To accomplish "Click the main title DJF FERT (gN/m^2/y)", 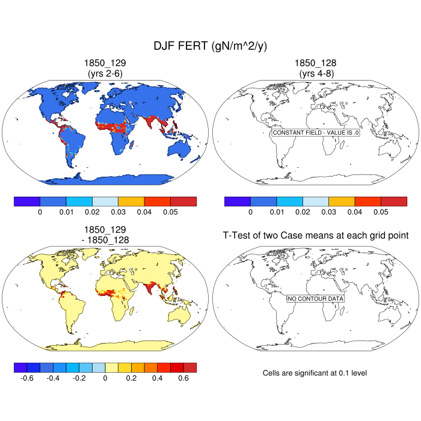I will point(210,47).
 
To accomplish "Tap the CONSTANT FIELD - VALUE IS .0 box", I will point(316,132).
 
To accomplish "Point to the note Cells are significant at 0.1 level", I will point(315,373).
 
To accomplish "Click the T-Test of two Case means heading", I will point(316,235).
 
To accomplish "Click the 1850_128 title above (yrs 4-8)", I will point(316,63).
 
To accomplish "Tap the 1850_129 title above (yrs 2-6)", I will point(105,63).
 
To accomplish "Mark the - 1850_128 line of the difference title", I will point(105,239).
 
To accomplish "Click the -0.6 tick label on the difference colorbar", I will point(26,378).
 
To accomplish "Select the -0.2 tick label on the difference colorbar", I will point(79,378).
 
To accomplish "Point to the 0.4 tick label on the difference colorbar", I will point(157,378).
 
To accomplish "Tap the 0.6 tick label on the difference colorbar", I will point(183,378).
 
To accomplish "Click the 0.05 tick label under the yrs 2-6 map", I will point(170,212).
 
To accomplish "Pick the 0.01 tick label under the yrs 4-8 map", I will point(276,212).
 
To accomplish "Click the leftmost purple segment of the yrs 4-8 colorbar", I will point(237,201).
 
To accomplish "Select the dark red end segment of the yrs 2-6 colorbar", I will point(183,201).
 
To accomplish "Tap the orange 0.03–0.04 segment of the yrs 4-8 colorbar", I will point(342,201).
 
